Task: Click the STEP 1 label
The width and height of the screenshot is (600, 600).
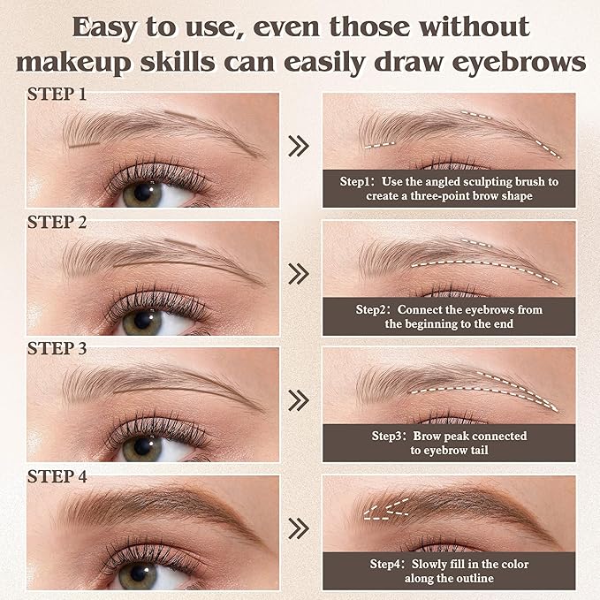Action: (x=57, y=94)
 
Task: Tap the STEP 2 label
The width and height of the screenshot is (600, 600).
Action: (x=57, y=222)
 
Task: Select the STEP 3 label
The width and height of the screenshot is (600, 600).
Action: (x=57, y=348)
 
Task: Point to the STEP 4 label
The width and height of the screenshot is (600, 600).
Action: (x=57, y=476)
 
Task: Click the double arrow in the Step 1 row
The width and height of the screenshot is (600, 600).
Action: (x=300, y=147)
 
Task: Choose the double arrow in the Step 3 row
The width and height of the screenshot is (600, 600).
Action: (x=300, y=401)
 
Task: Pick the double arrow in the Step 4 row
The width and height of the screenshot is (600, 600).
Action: (x=300, y=528)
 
